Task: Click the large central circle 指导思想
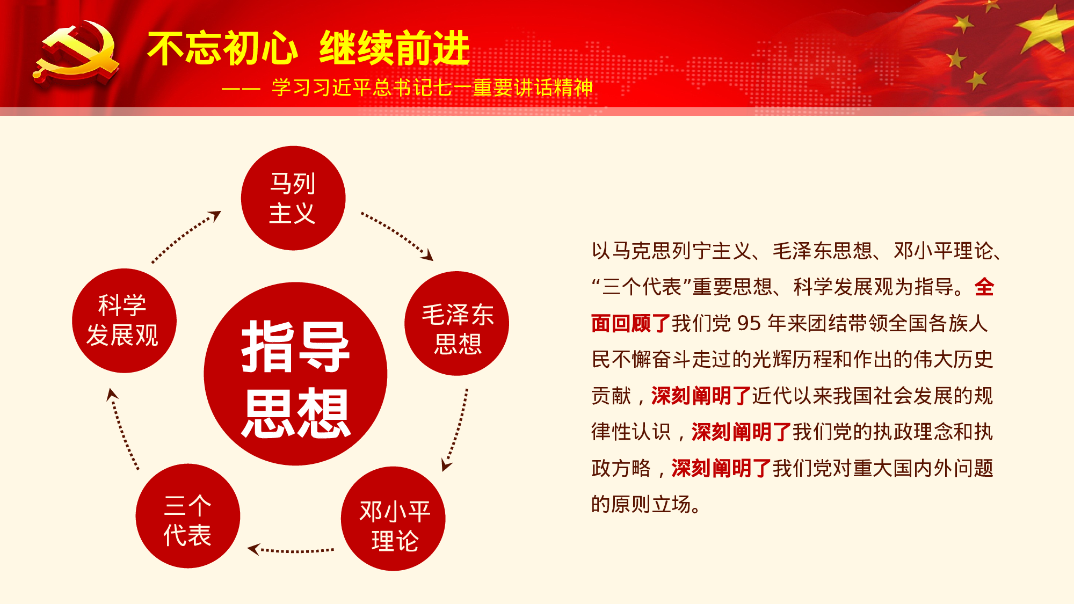click(x=295, y=374)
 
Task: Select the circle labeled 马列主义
click(x=293, y=198)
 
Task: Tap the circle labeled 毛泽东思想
click(x=456, y=323)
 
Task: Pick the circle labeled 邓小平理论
click(x=393, y=519)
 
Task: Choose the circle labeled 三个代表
click(x=187, y=516)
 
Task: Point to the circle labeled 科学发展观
click(x=124, y=321)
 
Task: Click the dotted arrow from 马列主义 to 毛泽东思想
click(x=397, y=235)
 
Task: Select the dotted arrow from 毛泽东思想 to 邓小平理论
click(x=456, y=430)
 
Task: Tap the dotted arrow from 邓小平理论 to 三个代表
click(x=291, y=550)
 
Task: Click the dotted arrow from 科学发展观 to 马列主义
click(x=186, y=236)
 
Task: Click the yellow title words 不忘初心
click(x=222, y=49)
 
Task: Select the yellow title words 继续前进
click(x=395, y=49)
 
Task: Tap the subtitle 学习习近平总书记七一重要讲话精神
click(x=432, y=88)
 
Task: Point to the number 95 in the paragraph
click(x=749, y=323)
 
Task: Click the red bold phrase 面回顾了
click(x=630, y=323)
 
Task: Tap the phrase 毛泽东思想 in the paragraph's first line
click(x=822, y=251)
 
